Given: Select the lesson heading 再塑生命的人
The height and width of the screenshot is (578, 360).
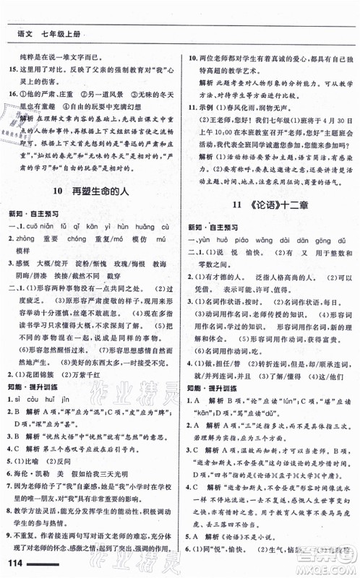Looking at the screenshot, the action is (x=107, y=191).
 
